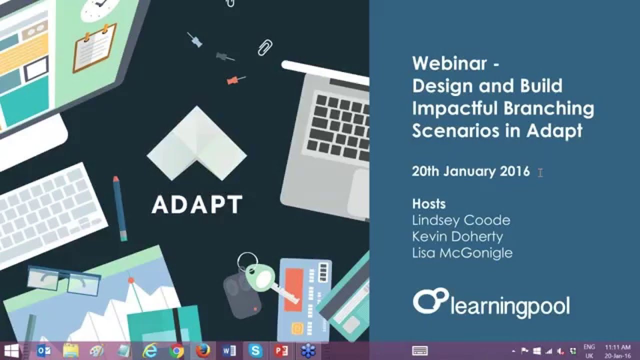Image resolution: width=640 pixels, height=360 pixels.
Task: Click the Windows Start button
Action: point(11,351)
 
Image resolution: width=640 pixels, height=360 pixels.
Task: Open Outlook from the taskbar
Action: point(44,351)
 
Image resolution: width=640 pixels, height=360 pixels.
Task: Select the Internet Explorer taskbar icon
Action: point(149,351)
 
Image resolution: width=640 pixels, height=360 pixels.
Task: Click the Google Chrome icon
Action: point(176,351)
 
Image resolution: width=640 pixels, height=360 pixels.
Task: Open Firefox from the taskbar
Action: point(202,351)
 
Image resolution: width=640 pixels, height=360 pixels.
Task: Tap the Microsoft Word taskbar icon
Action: point(229,351)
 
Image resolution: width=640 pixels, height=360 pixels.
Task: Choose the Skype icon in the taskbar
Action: point(255,351)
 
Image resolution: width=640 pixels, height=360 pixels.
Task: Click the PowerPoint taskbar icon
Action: point(281,351)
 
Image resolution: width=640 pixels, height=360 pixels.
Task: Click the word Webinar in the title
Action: point(449,64)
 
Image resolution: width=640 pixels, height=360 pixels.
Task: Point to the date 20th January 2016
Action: point(470,171)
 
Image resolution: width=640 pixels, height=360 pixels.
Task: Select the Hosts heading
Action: point(428,204)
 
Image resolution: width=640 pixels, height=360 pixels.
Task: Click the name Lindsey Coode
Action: point(461,220)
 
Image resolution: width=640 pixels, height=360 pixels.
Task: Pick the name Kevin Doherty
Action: point(457,236)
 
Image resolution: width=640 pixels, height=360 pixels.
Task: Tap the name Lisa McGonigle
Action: point(462,252)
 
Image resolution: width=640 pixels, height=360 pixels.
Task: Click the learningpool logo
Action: point(491,303)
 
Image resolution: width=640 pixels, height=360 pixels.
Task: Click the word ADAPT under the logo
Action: point(197,204)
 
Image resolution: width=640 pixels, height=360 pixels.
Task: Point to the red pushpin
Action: point(234,80)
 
